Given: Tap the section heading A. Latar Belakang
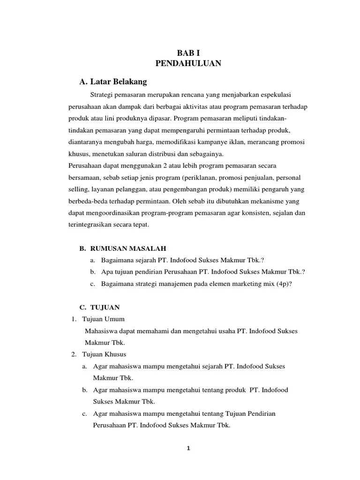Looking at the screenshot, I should (113, 82).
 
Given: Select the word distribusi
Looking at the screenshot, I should (155, 154).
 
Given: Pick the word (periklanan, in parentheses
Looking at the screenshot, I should (180, 179).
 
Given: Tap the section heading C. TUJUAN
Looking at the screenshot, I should (100, 307).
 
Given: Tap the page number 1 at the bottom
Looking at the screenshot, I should (188, 448).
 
